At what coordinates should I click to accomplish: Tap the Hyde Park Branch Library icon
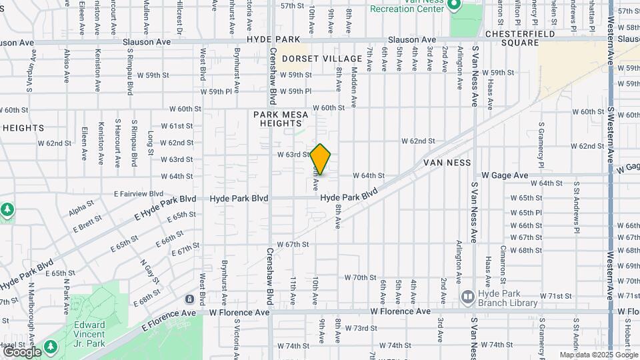tap(467, 295)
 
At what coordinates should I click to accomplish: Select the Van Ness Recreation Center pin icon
tap(455, 6)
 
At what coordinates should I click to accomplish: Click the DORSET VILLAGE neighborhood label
tap(322, 59)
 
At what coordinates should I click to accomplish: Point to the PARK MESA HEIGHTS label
tap(281, 119)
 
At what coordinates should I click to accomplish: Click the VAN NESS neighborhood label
tap(447, 163)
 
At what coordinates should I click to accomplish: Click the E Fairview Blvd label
tap(138, 193)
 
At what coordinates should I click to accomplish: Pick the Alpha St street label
tap(81, 212)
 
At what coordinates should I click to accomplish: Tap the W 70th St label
tap(361, 277)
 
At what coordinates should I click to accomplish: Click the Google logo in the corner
tap(22, 351)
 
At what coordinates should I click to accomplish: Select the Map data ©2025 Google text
tap(599, 355)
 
